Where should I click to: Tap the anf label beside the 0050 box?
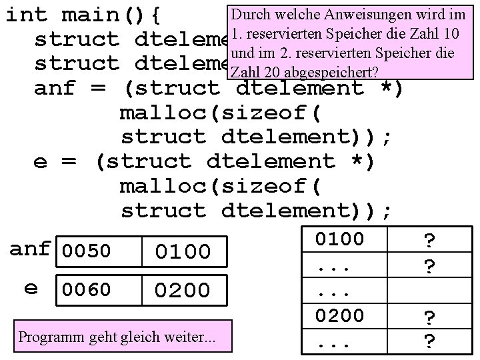[x=30, y=250]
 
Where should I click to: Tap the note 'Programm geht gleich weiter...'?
[x=117, y=337]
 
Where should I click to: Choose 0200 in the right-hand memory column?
[x=339, y=315]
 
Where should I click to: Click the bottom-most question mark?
[x=431, y=341]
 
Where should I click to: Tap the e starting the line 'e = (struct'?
[x=40, y=162]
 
